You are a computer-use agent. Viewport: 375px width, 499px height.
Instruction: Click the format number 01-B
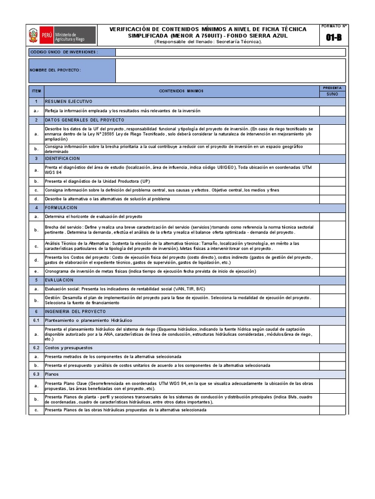(x=333, y=38)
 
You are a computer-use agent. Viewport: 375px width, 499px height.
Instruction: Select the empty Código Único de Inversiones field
(x=230, y=52)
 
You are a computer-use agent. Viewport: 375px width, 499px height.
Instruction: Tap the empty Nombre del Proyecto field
(x=230, y=70)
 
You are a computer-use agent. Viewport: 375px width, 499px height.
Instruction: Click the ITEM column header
(x=36, y=91)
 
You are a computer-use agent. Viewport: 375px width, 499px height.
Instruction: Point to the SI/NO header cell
(x=332, y=94)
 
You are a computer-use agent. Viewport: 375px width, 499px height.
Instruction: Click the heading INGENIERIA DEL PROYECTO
(x=76, y=311)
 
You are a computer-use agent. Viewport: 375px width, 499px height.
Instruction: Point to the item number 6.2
(x=36, y=348)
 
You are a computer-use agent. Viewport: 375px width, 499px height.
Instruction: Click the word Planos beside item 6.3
(x=52, y=374)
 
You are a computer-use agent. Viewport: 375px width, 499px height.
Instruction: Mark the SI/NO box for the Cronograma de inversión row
(x=332, y=271)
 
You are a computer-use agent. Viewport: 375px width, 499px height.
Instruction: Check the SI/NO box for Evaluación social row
(x=332, y=289)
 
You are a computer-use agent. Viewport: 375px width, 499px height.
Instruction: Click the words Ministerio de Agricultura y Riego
(x=70, y=37)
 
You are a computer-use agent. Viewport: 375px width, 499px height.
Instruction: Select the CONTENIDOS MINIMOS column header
(x=181, y=91)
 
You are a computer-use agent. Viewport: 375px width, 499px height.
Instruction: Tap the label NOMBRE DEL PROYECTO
(x=55, y=70)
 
